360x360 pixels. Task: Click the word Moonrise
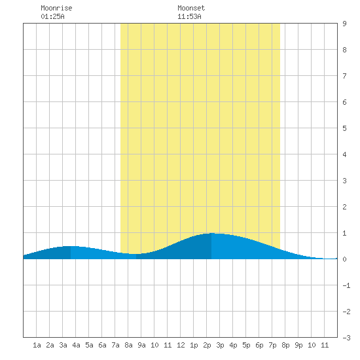[56, 8]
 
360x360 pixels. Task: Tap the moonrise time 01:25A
[52, 16]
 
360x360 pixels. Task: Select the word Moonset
[191, 8]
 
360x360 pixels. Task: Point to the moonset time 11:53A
[189, 16]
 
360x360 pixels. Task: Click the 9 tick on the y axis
[344, 24]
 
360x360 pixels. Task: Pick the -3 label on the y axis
[346, 338]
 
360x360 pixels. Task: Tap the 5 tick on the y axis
[344, 128]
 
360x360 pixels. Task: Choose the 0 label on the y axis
[344, 259]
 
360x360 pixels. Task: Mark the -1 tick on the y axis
[346, 285]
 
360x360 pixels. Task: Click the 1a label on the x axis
[37, 345]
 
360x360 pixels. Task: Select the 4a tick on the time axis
[76, 345]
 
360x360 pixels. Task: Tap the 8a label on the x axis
[128, 345]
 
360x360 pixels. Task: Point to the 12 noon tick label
[181, 345]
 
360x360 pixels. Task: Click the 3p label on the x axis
[220, 345]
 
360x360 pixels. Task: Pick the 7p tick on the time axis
[272, 345]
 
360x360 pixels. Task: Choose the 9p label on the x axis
[298, 345]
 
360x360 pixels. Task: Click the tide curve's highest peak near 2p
[211, 233]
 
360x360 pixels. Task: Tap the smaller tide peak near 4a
[71, 246]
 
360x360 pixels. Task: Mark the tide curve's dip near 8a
[136, 254]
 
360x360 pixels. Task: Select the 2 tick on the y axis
[344, 207]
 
